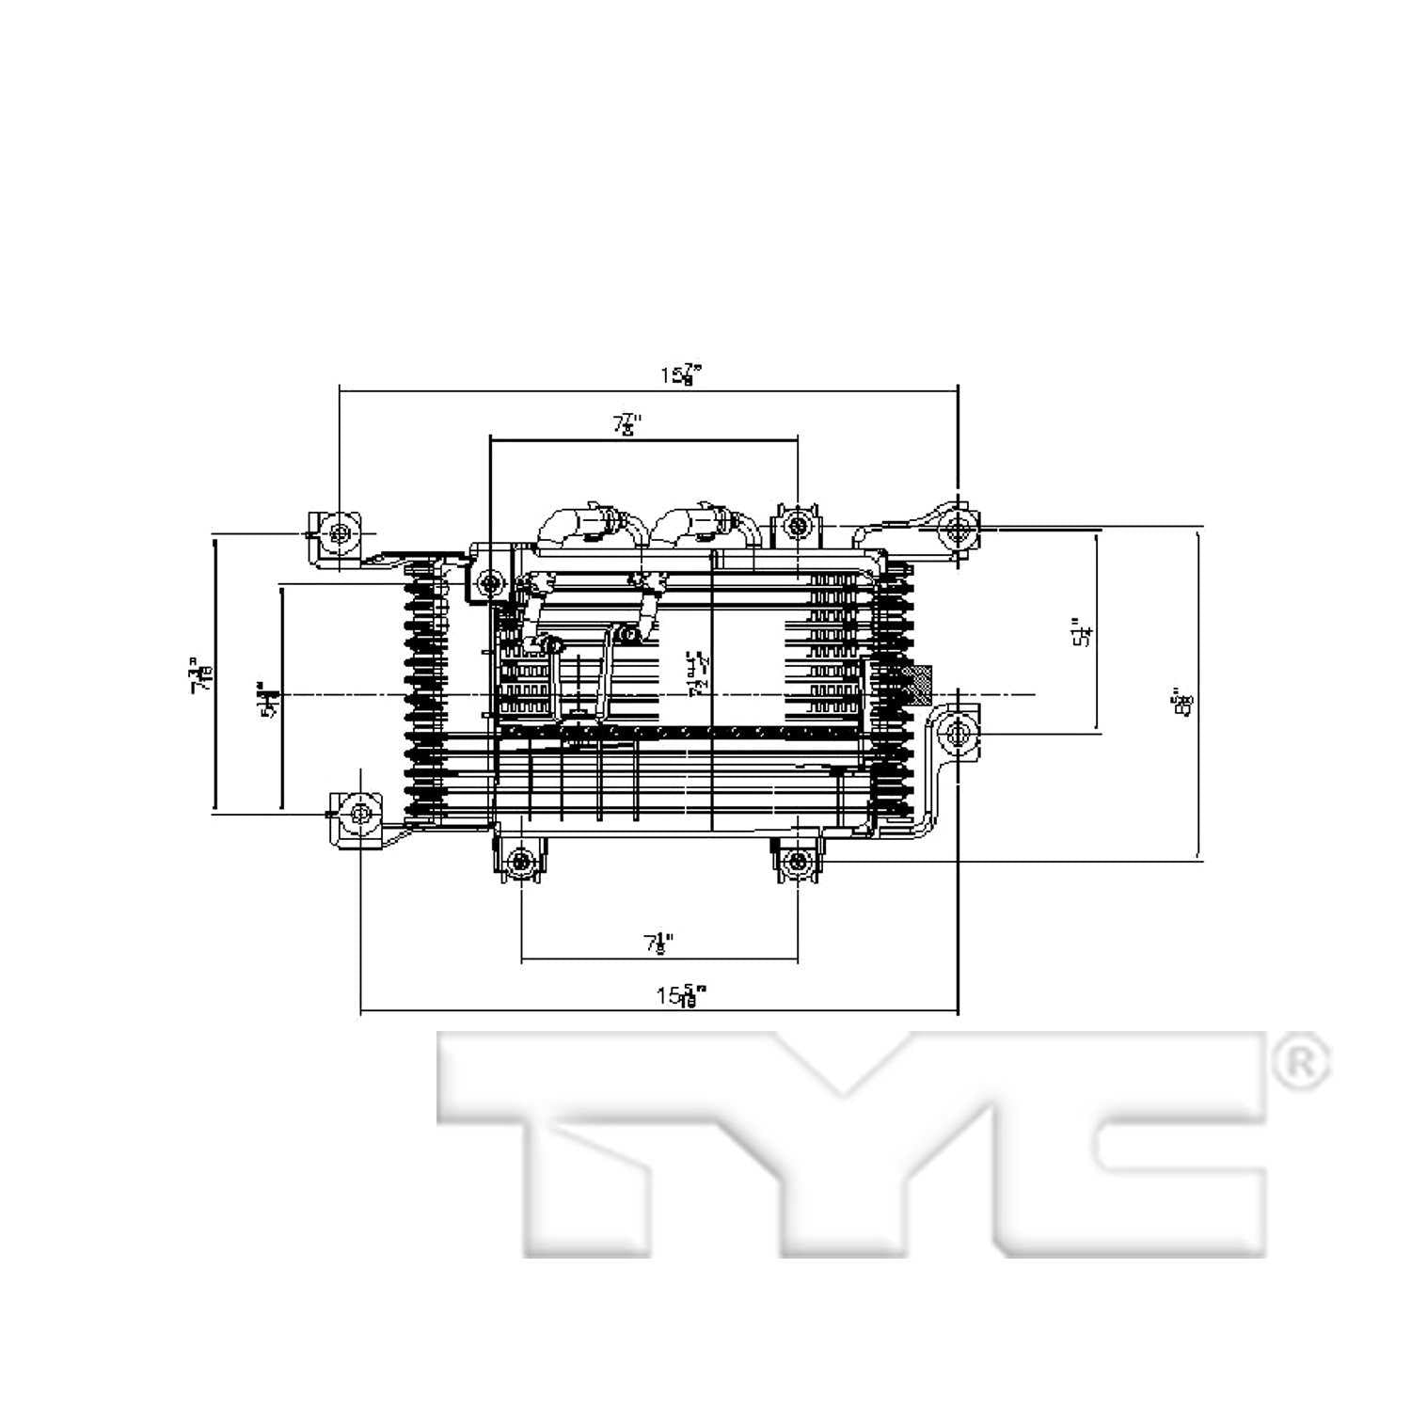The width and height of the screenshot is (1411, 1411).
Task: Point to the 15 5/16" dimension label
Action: [682, 994]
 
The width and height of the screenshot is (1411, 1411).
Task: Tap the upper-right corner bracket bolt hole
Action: [958, 531]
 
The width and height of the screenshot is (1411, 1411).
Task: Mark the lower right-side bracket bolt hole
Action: [958, 734]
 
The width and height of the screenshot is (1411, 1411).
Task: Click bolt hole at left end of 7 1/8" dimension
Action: [521, 861]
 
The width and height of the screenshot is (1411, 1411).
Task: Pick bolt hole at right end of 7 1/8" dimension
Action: [798, 861]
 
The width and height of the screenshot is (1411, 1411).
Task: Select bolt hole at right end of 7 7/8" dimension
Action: [798, 525]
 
